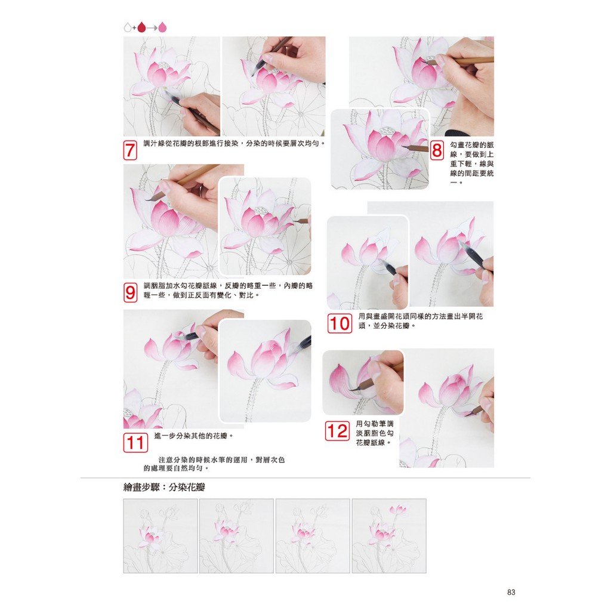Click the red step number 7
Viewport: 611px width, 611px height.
click(x=130, y=150)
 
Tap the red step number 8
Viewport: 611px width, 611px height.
click(x=437, y=150)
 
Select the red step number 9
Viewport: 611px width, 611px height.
click(x=130, y=292)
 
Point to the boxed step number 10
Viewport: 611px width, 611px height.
click(x=340, y=323)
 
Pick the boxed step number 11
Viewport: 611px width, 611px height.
click(x=135, y=443)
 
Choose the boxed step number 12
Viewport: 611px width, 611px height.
click(x=337, y=431)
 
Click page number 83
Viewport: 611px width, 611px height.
click(x=511, y=593)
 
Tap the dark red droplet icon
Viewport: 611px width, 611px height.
click(x=141, y=27)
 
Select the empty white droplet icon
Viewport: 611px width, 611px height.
click(x=128, y=27)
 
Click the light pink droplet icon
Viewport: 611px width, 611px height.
click(x=162, y=27)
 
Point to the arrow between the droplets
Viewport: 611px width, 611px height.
click(x=152, y=28)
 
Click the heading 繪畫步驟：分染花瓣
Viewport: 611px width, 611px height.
click(x=164, y=487)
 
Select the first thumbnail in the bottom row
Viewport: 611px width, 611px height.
click(x=161, y=536)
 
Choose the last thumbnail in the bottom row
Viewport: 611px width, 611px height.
click(x=389, y=536)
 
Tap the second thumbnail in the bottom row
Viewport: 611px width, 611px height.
click(x=236, y=536)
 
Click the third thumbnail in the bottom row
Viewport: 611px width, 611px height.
click(x=313, y=536)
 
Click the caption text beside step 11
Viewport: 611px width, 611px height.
click(x=194, y=436)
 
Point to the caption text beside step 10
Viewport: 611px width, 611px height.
click(x=421, y=321)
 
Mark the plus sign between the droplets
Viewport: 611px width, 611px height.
click(x=134, y=28)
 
